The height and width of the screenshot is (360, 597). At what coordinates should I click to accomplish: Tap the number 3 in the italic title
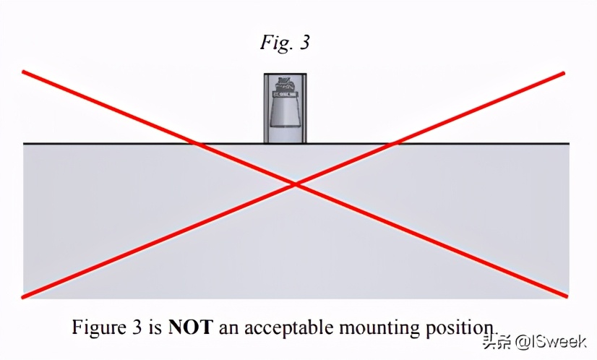(x=304, y=42)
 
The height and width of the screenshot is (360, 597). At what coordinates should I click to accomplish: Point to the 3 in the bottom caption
(x=138, y=327)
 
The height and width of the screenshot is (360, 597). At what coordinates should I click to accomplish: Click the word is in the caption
(x=155, y=327)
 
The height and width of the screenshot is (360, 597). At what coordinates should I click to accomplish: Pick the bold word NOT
(x=190, y=327)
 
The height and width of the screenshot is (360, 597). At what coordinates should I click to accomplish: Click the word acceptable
(x=288, y=327)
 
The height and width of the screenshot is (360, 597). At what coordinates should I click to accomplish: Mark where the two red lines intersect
(x=296, y=184)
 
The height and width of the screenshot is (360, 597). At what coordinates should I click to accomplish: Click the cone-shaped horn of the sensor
(x=285, y=111)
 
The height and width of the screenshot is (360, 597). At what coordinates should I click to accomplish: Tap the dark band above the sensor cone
(x=285, y=94)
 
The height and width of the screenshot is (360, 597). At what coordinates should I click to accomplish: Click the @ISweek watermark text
(x=551, y=342)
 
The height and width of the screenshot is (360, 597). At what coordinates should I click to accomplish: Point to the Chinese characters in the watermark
(x=497, y=342)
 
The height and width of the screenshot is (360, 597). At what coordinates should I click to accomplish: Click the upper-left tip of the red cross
(x=23, y=72)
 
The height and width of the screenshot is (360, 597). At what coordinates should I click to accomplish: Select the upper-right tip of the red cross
(x=564, y=72)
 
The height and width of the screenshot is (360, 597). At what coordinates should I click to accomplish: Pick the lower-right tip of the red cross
(x=567, y=296)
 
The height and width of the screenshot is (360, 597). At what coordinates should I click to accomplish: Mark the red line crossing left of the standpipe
(x=196, y=144)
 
